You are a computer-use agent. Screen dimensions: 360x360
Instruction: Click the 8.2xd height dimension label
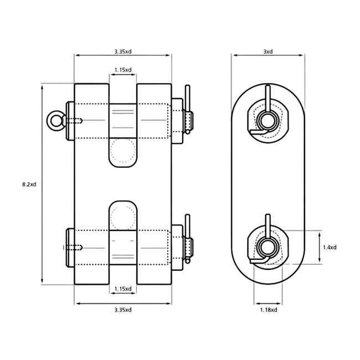click(29, 184)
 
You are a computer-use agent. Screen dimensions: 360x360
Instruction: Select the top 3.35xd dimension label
click(123, 52)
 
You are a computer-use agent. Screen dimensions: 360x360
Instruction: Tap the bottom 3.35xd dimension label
click(123, 310)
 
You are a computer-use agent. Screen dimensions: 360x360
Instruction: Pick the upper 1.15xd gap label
click(123, 70)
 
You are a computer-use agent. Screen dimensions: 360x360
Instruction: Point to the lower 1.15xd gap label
click(123, 289)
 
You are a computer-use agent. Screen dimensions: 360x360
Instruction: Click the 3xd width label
click(268, 52)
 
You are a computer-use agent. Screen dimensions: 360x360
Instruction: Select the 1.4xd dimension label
click(330, 247)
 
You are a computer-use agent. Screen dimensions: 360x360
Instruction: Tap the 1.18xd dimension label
click(269, 310)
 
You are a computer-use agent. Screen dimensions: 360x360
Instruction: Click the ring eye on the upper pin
click(55, 121)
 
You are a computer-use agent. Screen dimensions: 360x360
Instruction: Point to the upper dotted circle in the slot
click(123, 151)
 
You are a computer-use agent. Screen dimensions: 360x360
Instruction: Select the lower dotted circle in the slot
click(123, 218)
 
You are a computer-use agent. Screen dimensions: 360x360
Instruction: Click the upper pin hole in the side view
click(268, 120)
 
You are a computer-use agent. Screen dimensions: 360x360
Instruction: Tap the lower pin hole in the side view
click(268, 247)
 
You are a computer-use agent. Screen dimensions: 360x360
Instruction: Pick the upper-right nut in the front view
click(177, 121)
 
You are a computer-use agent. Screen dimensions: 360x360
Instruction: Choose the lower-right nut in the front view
click(177, 248)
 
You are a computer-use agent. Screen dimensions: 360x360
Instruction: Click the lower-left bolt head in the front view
click(70, 248)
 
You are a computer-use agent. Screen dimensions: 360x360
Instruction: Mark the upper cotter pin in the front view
click(188, 110)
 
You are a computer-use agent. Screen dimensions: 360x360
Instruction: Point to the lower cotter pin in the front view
click(188, 239)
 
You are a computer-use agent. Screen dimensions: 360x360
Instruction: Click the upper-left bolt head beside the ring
click(70, 121)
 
